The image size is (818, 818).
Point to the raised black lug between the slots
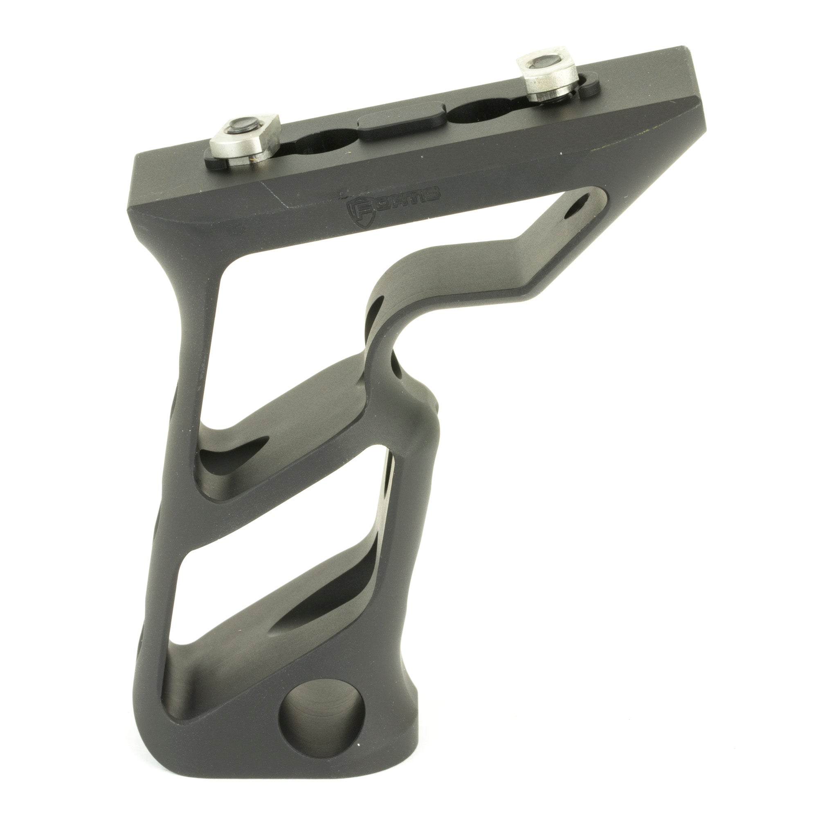(402, 123)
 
